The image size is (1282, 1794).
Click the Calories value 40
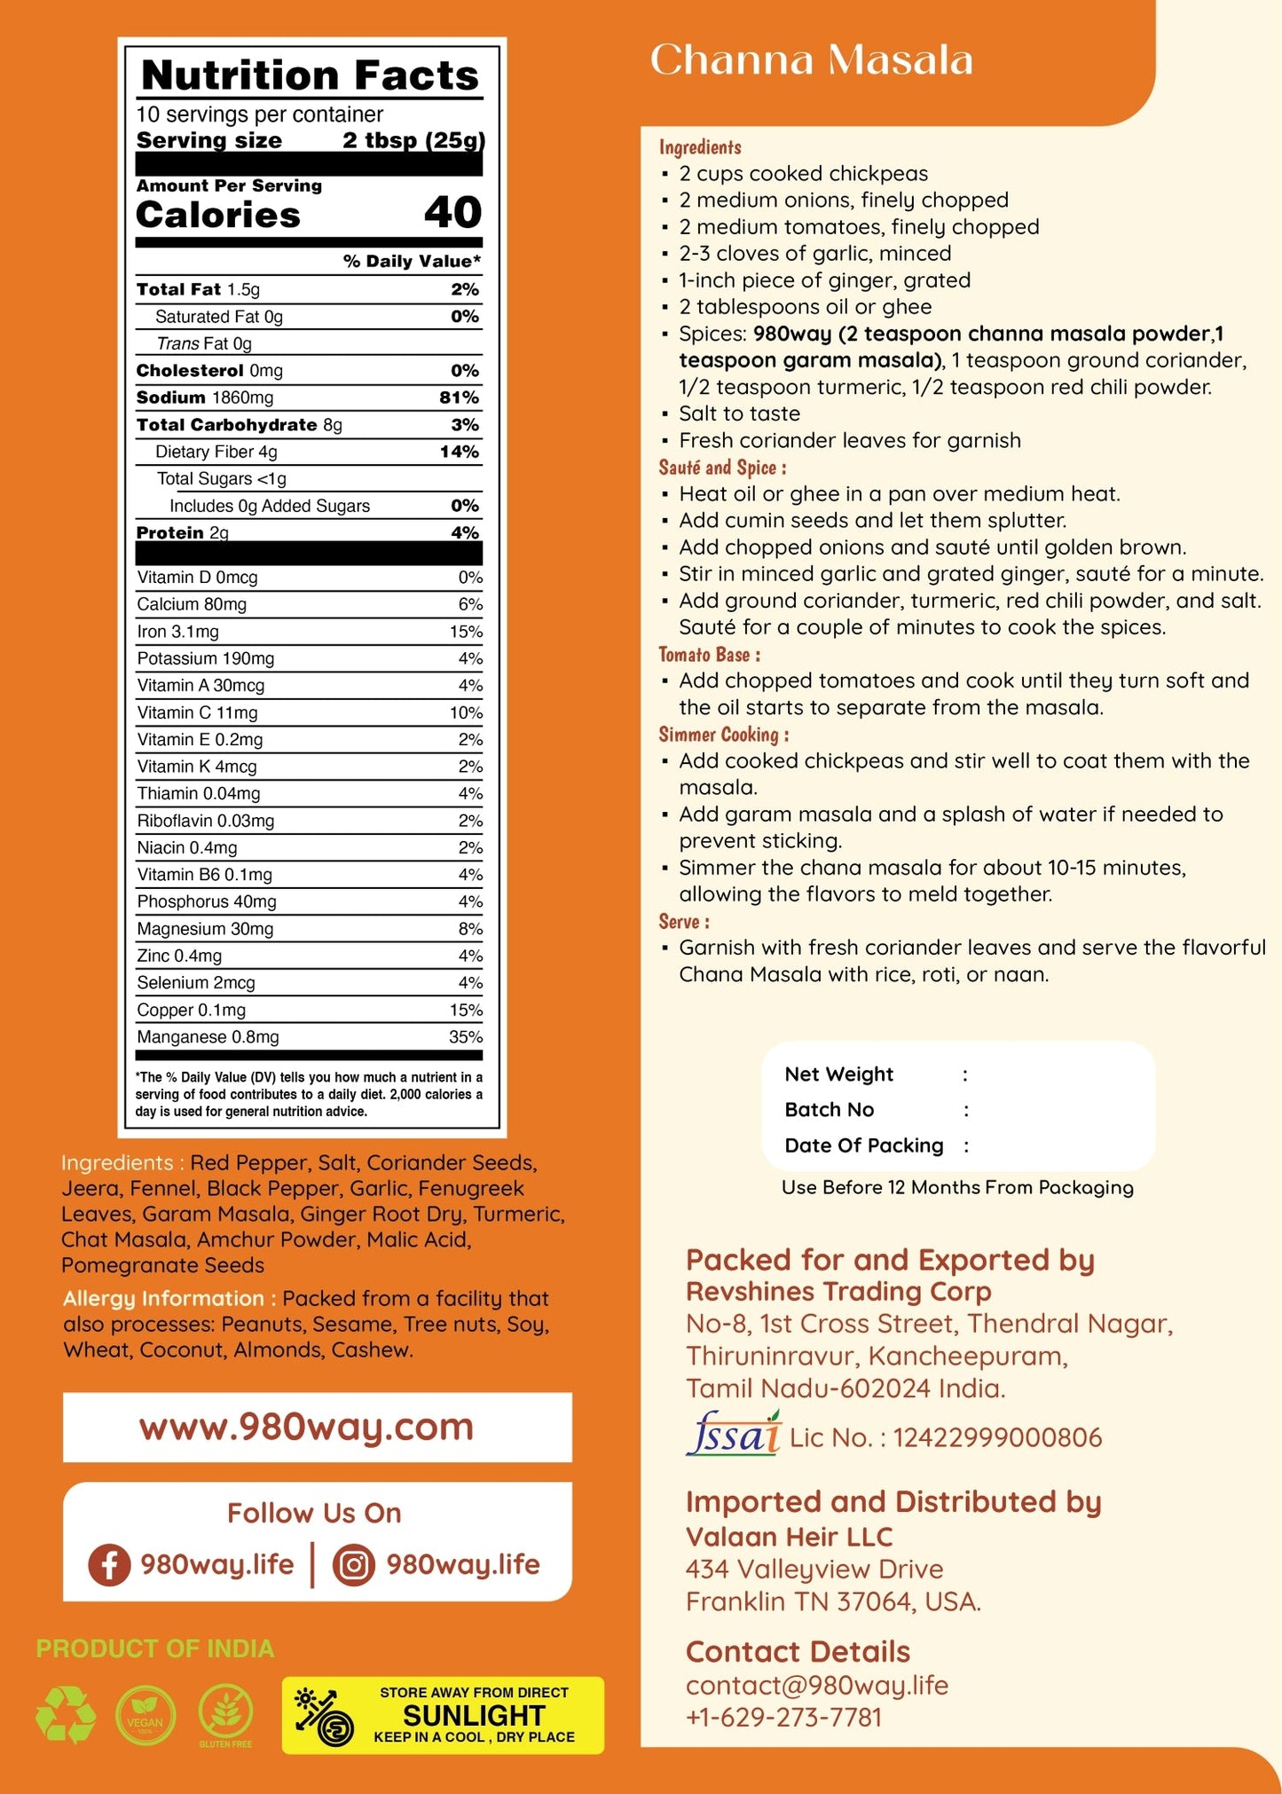coord(452,213)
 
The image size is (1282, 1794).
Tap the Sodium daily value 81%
coord(459,397)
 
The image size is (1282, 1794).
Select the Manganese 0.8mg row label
coord(208,1036)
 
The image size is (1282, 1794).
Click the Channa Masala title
coord(811,60)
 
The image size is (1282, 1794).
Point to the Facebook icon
coord(109,1564)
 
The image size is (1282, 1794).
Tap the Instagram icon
coord(353,1564)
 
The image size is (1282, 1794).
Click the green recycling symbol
coord(66,1714)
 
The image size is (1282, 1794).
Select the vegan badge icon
coord(146,1715)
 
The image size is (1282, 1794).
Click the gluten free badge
coord(225,1714)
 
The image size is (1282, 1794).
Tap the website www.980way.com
coord(306,1427)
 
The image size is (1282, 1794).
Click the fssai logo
coord(733,1435)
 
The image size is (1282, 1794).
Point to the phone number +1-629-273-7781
coord(783,1717)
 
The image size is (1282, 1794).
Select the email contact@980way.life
coord(817,1685)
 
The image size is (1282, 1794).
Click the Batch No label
coord(829,1109)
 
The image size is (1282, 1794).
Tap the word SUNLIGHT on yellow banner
coord(474,1715)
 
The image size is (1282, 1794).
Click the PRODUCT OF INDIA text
coord(155,1648)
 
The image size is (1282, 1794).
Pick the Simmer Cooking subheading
coord(723,735)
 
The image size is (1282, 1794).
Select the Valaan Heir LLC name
coord(789,1537)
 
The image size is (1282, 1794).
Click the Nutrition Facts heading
coord(310,75)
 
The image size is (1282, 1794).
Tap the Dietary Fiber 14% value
coord(459,452)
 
